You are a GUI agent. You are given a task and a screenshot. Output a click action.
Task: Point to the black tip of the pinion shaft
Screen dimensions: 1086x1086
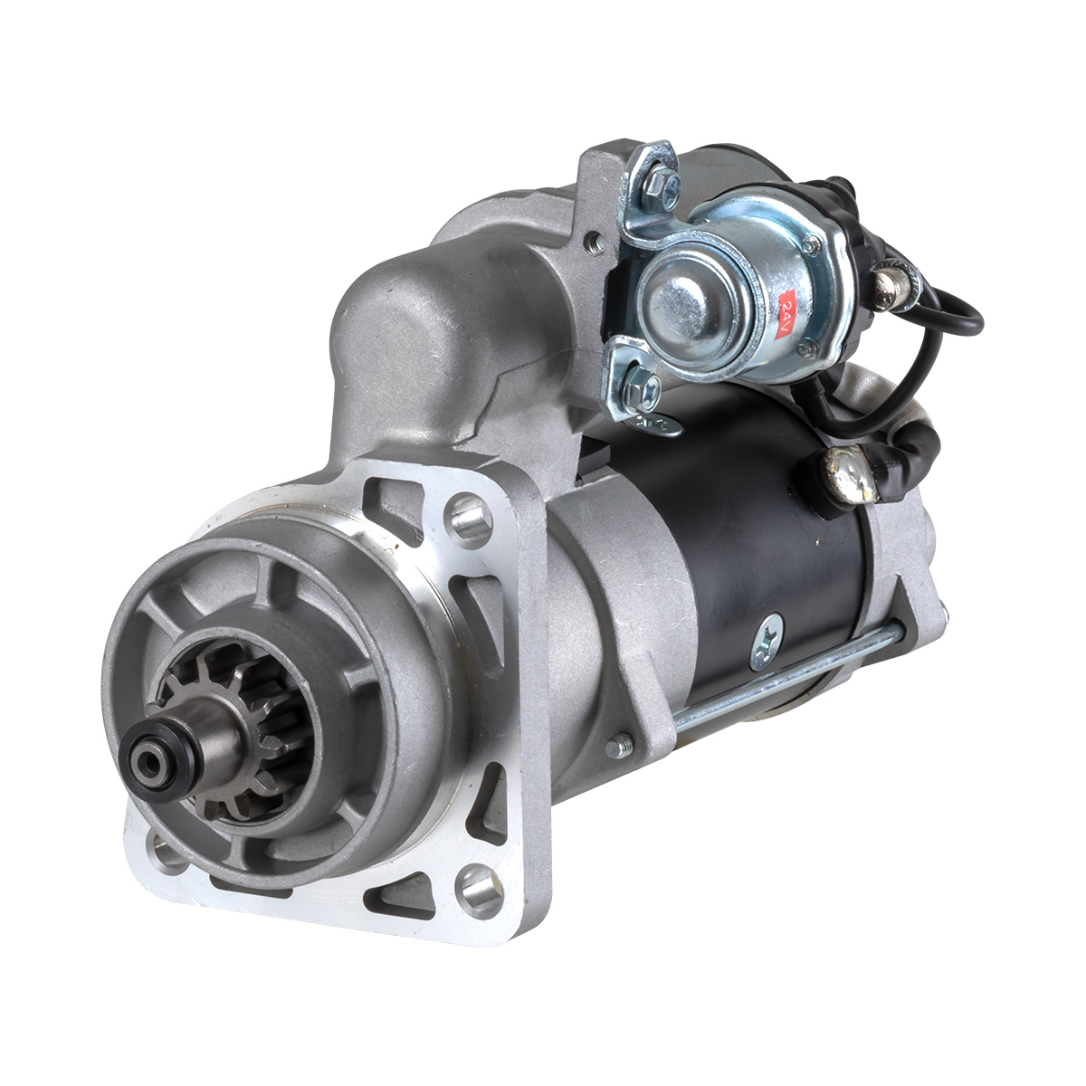click(148, 761)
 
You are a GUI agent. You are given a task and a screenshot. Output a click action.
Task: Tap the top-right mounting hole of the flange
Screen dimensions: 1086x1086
click(469, 517)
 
